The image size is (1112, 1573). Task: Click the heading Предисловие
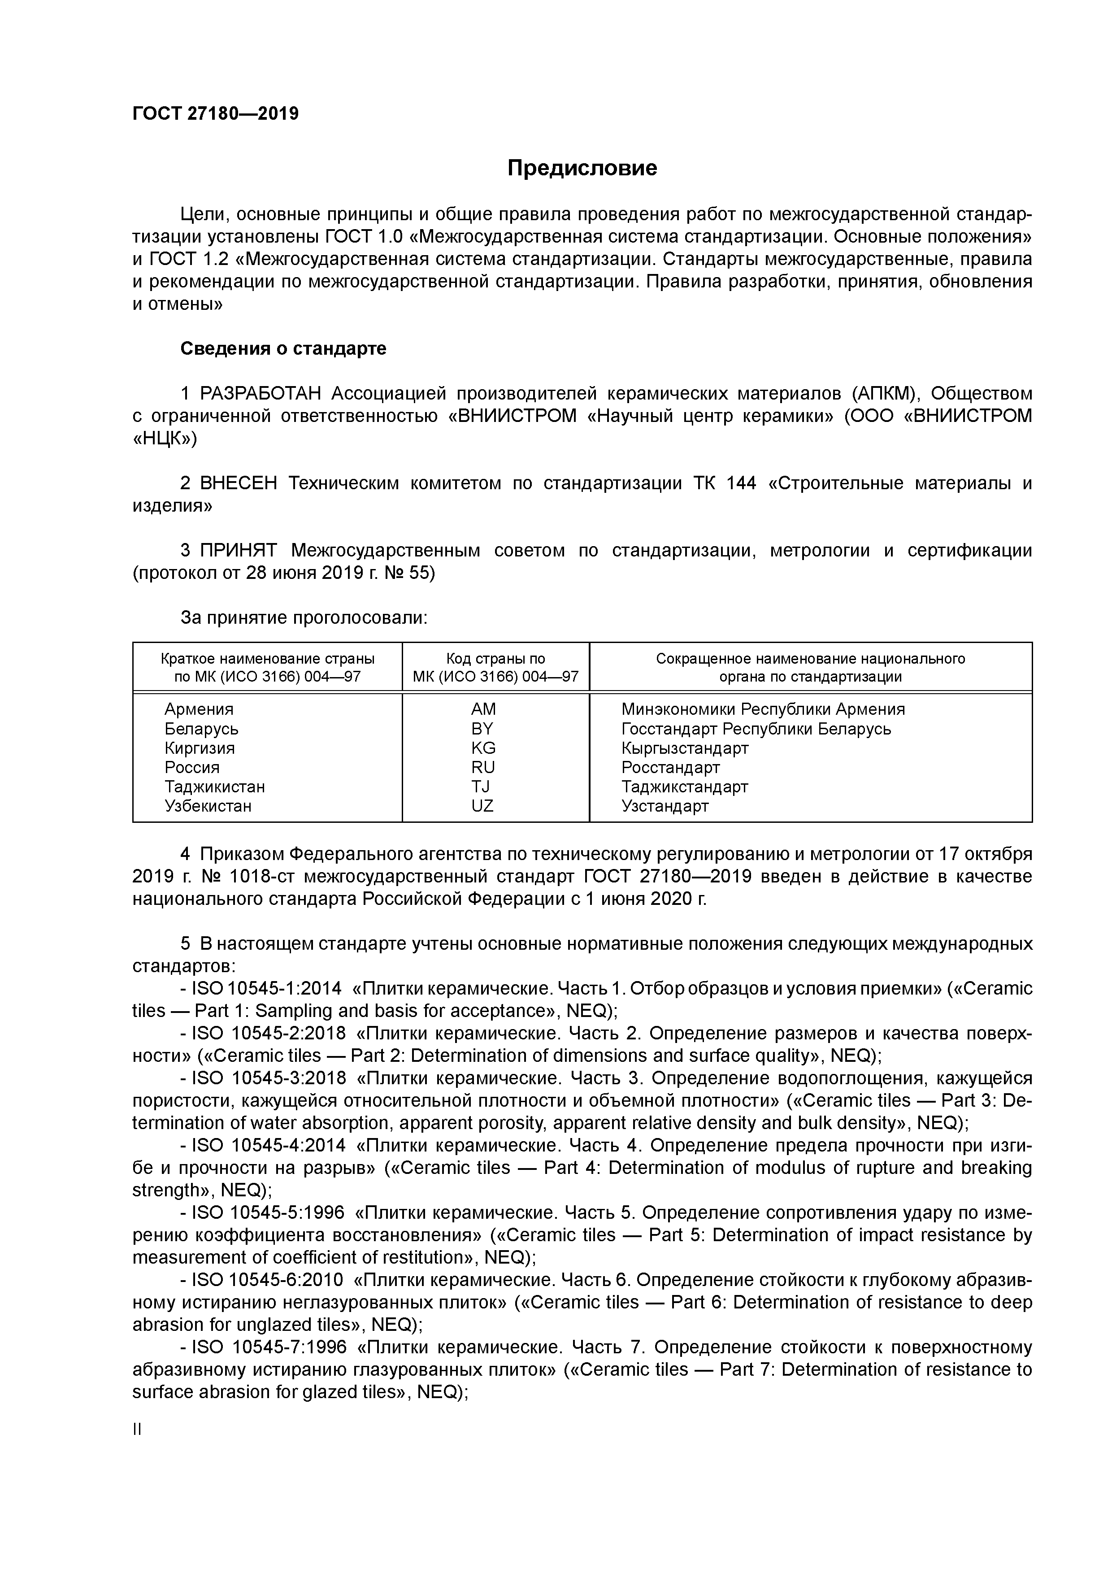582,168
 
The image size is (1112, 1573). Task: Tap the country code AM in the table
483,709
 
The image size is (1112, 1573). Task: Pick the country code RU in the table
483,767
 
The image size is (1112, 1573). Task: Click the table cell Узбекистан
208,806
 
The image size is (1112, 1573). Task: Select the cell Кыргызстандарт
685,748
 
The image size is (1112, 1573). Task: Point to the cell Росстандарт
670,767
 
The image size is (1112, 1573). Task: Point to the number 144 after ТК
741,484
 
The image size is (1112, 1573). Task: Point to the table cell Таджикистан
214,786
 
